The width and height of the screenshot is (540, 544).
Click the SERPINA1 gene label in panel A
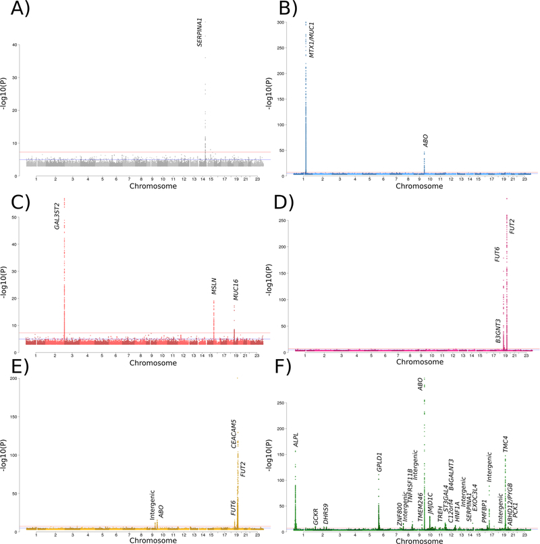pyautogui.click(x=200, y=32)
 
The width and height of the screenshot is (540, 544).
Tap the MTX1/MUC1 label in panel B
pyautogui.click(x=311, y=39)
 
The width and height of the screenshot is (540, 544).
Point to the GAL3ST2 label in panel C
pyautogui.click(x=58, y=215)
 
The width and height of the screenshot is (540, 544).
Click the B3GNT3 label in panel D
pyautogui.click(x=497, y=332)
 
